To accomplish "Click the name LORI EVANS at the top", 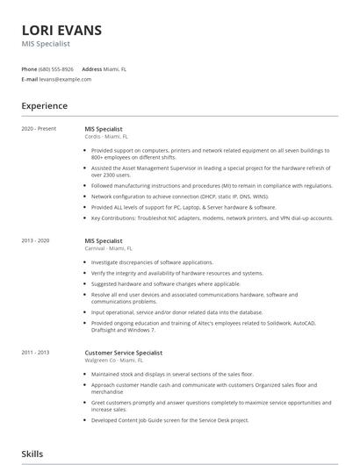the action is pyautogui.click(x=61, y=30).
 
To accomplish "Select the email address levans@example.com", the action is pyautogui.click(x=65, y=79).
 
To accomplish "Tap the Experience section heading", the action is pyautogui.click(x=45, y=106).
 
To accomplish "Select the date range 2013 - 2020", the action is pyautogui.click(x=36, y=240).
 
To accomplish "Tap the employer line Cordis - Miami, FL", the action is pyautogui.click(x=106, y=137).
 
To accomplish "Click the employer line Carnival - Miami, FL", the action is pyautogui.click(x=109, y=248).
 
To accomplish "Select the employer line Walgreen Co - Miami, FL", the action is pyautogui.click(x=112, y=360).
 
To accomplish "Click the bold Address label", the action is pyautogui.click(x=91, y=68).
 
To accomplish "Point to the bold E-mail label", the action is pyautogui.click(x=30, y=79).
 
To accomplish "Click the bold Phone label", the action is pyautogui.click(x=29, y=68).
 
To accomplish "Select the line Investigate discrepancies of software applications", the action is pyautogui.click(x=152, y=262).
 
